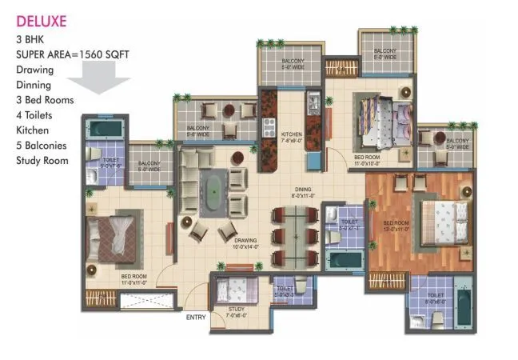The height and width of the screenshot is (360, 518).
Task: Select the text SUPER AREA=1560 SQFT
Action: pos(73,54)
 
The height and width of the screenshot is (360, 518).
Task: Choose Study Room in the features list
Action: pos(42,160)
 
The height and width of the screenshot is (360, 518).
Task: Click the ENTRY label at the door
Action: pos(197,318)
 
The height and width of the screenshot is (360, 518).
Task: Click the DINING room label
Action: pos(305,190)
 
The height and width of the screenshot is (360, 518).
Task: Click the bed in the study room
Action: pos(235,287)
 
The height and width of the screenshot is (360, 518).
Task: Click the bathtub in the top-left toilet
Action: pos(104,128)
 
